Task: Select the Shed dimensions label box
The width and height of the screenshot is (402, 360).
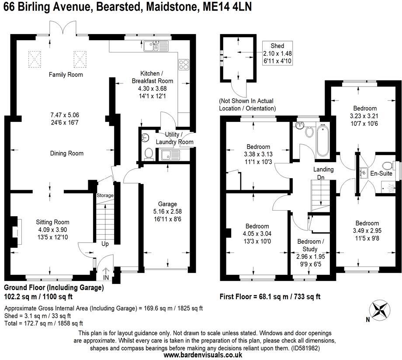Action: coord(277,54)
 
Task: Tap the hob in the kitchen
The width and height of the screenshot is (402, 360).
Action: coord(184,65)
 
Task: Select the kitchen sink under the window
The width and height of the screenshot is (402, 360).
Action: coord(152,45)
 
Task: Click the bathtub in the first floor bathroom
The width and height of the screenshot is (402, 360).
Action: coord(322,141)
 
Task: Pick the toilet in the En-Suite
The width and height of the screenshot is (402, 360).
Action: coord(386,166)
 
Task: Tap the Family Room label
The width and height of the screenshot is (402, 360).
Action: coord(66,75)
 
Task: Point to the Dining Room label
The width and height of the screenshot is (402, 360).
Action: coord(66,153)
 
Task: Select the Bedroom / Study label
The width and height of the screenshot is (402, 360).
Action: coord(311,242)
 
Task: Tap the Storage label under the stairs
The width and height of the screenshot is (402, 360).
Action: coord(105,195)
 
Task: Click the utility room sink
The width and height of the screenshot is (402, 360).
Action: coord(168,155)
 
